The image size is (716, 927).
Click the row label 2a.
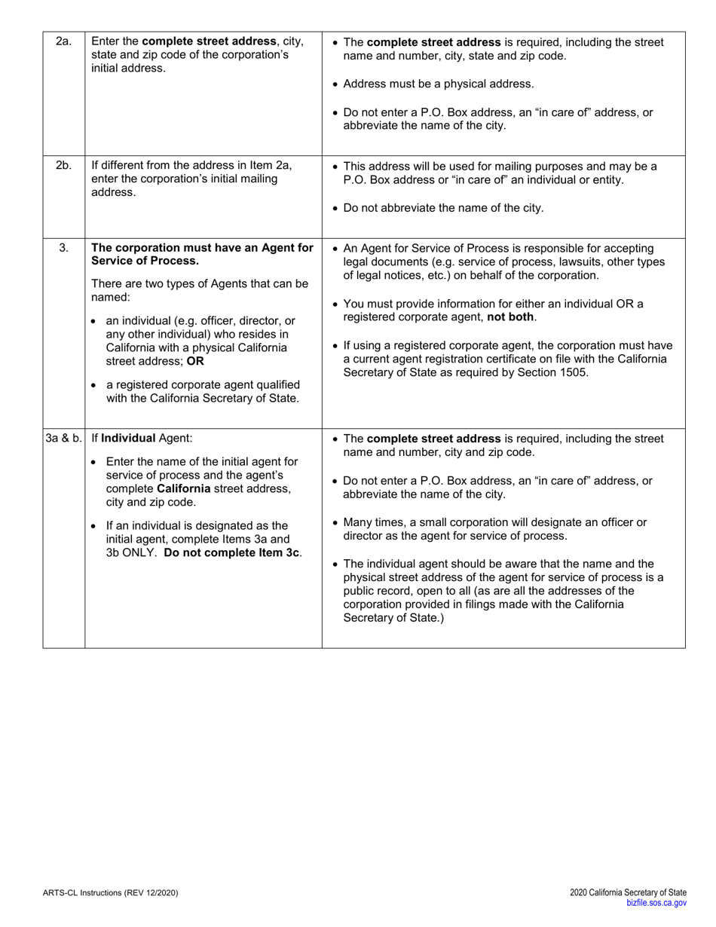(63, 42)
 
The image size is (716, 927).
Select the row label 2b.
(63, 166)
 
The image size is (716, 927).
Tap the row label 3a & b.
(63, 438)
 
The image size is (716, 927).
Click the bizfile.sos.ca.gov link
(656, 903)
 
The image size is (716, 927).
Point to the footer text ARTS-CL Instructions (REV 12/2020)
(111, 893)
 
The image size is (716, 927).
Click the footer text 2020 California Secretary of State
(628, 893)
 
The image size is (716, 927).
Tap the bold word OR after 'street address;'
(195, 361)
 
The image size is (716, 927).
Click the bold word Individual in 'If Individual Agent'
(128, 438)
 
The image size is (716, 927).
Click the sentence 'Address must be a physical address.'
(439, 84)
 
